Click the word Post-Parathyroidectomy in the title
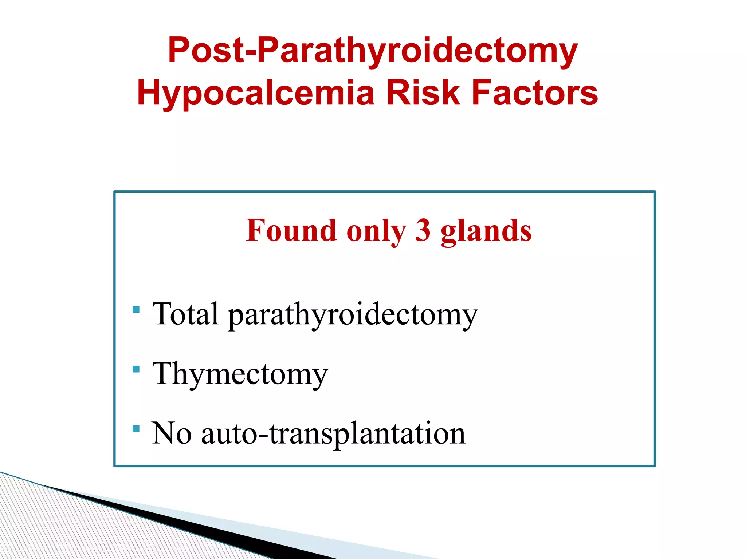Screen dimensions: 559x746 coord(372,51)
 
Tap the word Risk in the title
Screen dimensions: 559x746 coord(423,93)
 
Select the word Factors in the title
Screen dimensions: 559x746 coord(534,93)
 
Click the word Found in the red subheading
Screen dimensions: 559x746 coord(291,231)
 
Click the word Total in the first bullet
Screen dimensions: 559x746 coord(185,314)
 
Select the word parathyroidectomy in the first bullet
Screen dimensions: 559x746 coord(353,315)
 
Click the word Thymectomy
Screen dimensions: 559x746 coord(240,374)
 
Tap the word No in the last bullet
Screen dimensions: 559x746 coord(172,433)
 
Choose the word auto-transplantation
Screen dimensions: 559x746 coord(333,434)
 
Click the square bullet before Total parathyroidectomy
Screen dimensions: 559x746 coord(136,310)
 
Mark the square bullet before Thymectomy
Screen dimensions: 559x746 coord(136,369)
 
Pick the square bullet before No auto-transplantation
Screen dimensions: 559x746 coord(136,429)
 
